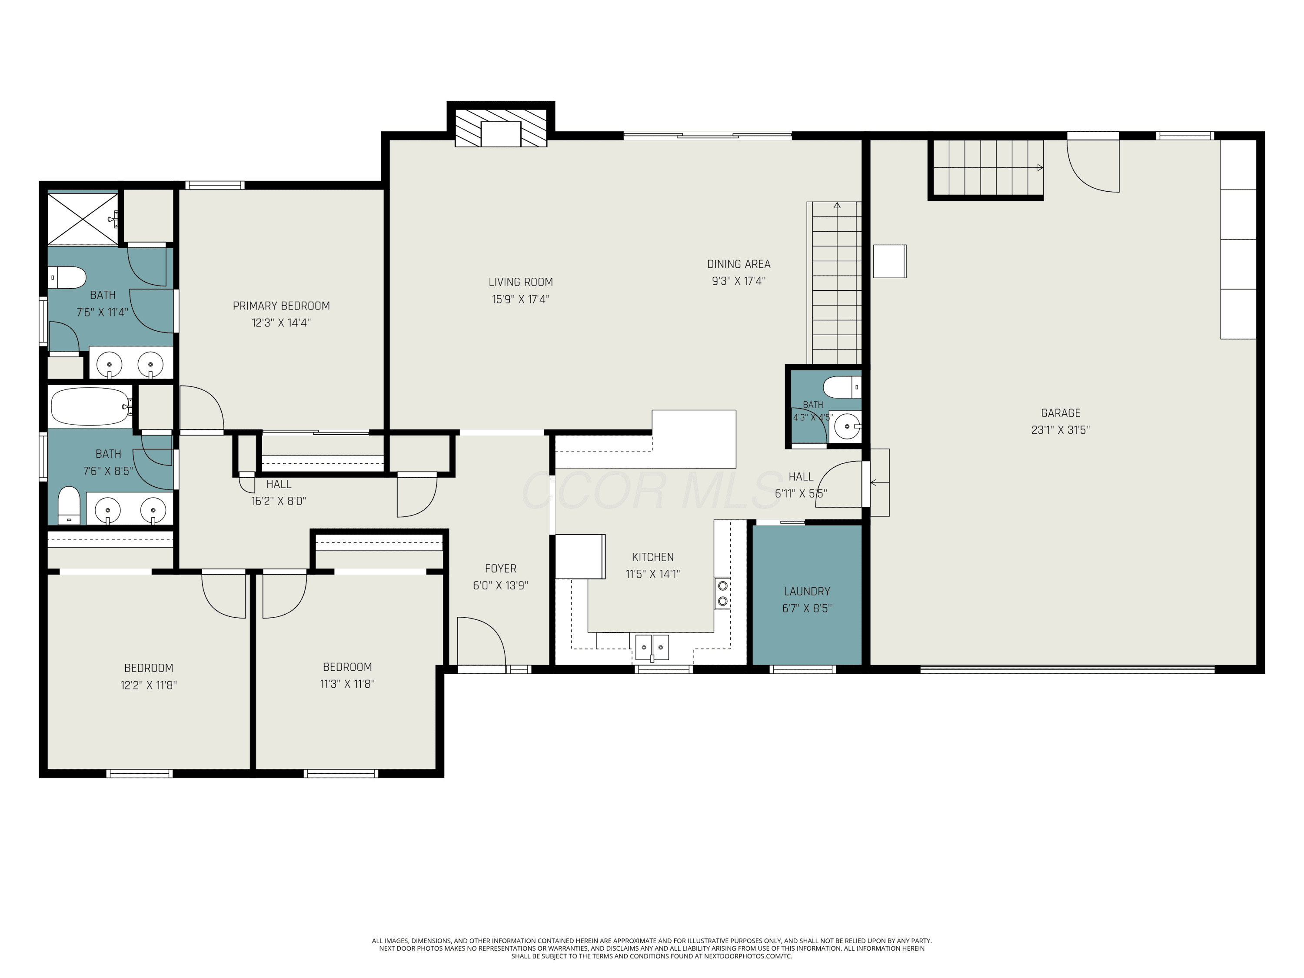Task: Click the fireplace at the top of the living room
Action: click(x=500, y=127)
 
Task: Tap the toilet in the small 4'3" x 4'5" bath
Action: click(x=842, y=387)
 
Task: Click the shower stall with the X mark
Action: click(x=83, y=219)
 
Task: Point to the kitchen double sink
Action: click(x=652, y=647)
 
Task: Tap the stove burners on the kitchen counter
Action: click(x=722, y=594)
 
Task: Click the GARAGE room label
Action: click(x=1061, y=413)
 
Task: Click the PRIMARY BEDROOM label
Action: click(x=281, y=306)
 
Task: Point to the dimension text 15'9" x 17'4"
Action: click(x=521, y=299)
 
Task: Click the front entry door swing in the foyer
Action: click(x=481, y=641)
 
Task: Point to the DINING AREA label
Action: click(x=738, y=264)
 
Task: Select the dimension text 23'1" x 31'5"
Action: click(x=1061, y=430)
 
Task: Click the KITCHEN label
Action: click(x=652, y=557)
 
